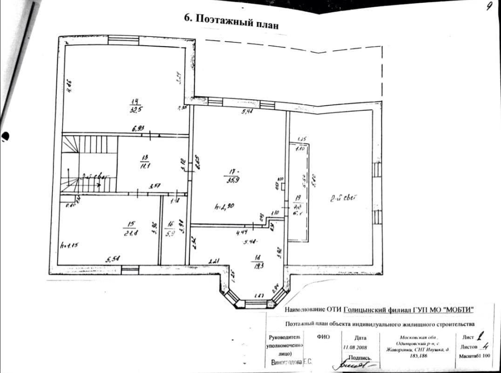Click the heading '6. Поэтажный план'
coord(231,20)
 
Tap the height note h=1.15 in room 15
coord(69,244)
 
